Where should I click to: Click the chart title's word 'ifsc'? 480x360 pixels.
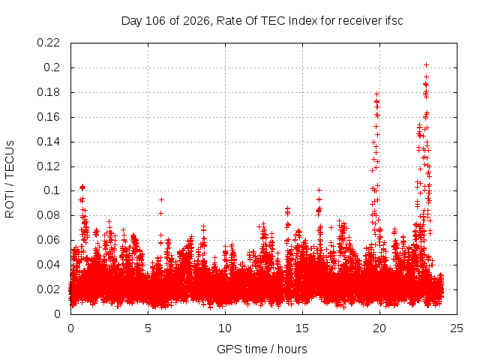pos(394,21)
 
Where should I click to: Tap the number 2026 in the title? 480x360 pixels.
pos(196,21)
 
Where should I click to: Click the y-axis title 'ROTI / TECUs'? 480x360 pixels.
pos(10,179)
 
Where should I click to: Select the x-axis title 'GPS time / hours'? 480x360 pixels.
pos(262,349)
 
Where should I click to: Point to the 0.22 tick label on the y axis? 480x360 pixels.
pos(48,43)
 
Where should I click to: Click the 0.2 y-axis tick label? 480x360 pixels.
pos(52,67)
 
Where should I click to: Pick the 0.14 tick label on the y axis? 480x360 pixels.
pos(48,142)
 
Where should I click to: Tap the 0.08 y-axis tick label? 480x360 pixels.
pos(48,215)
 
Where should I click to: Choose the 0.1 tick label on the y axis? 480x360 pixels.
pos(52,190)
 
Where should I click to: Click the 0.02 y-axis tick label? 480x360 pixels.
pos(48,289)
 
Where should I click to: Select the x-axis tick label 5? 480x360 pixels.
pos(148,328)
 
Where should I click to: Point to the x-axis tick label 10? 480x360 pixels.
pos(225,328)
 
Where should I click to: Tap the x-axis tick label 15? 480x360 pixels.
pos(302,328)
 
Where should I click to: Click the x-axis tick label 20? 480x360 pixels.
pos(379,328)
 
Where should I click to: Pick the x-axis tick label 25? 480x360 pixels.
pos(457,328)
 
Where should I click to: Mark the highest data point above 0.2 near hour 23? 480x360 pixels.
pos(426,65)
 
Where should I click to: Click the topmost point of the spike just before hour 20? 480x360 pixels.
pos(376,94)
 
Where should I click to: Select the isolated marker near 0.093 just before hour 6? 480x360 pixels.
pos(162,200)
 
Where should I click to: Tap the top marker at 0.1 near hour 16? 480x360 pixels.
pos(319,190)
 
